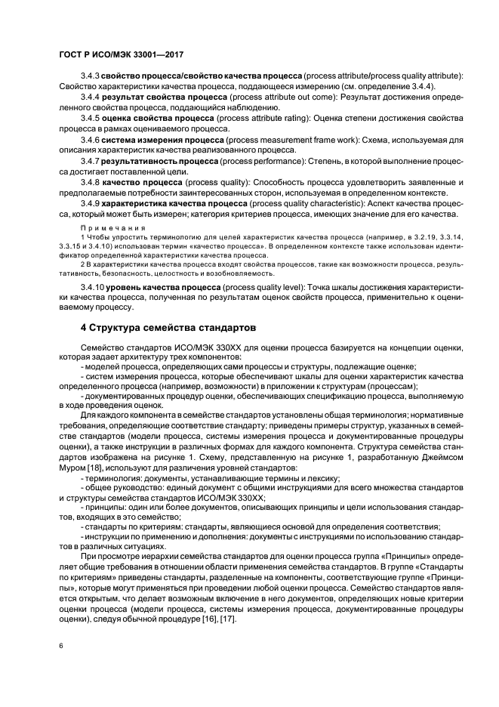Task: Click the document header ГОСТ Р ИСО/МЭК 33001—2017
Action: point(122,55)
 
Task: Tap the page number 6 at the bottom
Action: point(62,647)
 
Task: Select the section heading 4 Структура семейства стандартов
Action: point(168,328)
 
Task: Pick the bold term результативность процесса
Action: point(156,162)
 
